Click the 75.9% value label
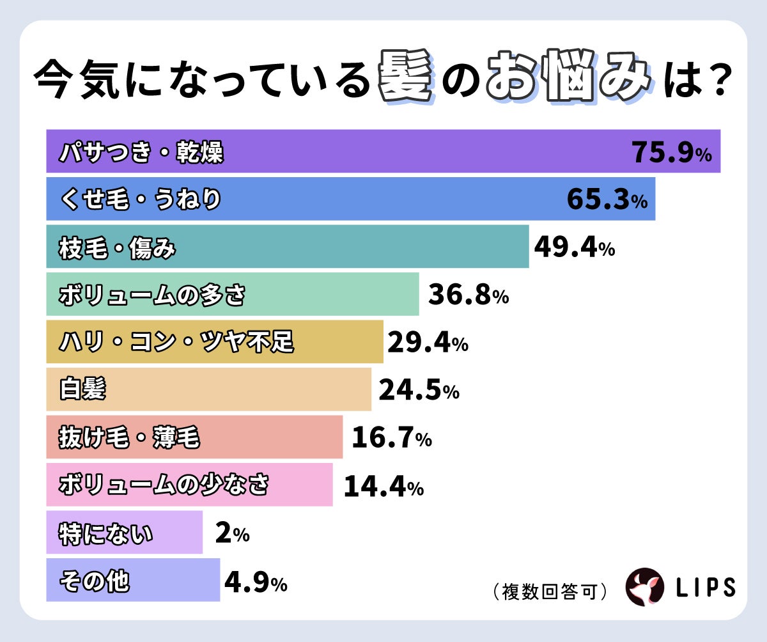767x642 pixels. click(671, 153)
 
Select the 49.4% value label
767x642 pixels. click(574, 247)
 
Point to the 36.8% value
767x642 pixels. click(468, 295)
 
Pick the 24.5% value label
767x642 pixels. click(419, 390)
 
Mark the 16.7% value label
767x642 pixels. click(391, 438)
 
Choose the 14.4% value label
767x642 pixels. click(383, 487)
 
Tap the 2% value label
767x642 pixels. click(232, 533)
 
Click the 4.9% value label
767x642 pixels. click(255, 582)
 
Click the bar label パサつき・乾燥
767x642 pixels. click(141, 153)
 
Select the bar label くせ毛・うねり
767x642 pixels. click(140, 200)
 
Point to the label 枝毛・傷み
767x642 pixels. click(116, 247)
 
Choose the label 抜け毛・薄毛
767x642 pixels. click(129, 438)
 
